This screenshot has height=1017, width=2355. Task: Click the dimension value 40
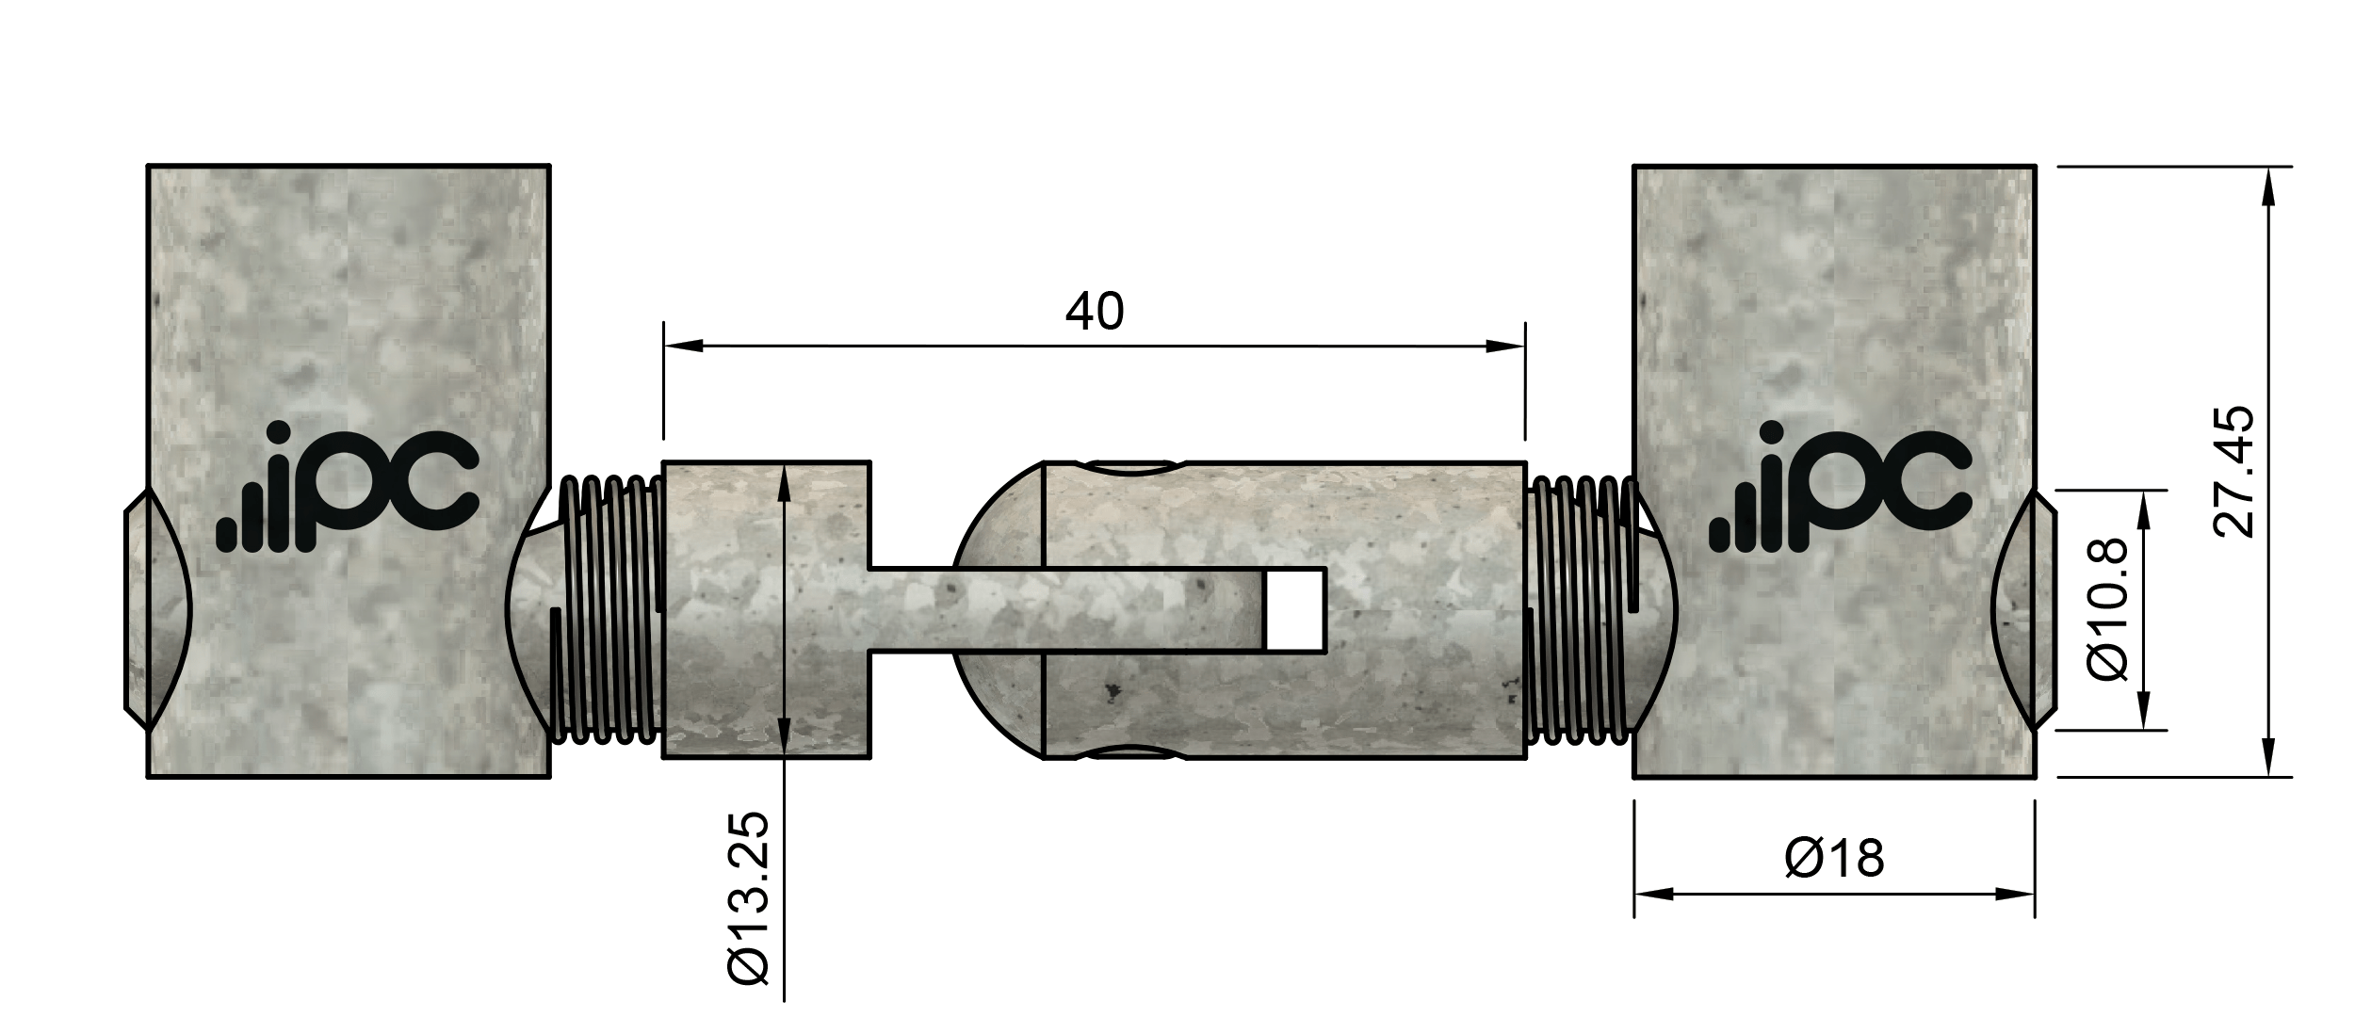(x=1094, y=312)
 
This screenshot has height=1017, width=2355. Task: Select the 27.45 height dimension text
(x=2233, y=472)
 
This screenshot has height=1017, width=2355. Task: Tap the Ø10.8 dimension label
(x=2106, y=609)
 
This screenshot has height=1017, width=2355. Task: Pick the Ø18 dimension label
(x=1834, y=859)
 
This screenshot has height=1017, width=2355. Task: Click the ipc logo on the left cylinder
(x=348, y=489)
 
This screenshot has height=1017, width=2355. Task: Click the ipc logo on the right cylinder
(x=1840, y=489)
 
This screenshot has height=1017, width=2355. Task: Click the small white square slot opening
(x=1295, y=609)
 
